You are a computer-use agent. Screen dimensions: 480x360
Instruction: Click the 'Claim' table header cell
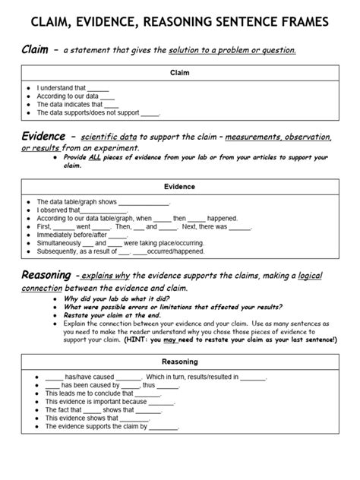180,73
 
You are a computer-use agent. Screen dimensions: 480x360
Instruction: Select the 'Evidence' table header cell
180,186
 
